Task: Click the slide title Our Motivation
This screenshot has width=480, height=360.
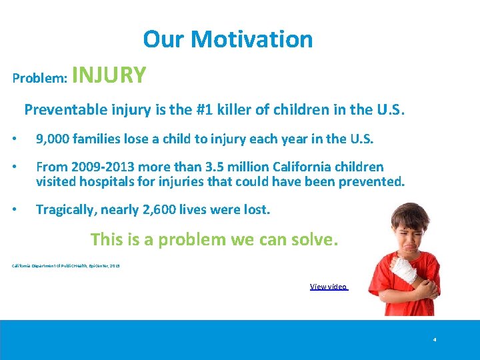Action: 227,39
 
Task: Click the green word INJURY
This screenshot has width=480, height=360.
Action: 109,75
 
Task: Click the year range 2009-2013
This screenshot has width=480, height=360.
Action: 99,167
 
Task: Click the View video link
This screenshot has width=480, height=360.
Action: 329,287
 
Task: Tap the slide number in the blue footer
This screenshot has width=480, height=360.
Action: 434,339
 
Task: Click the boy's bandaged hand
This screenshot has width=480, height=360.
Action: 404,270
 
